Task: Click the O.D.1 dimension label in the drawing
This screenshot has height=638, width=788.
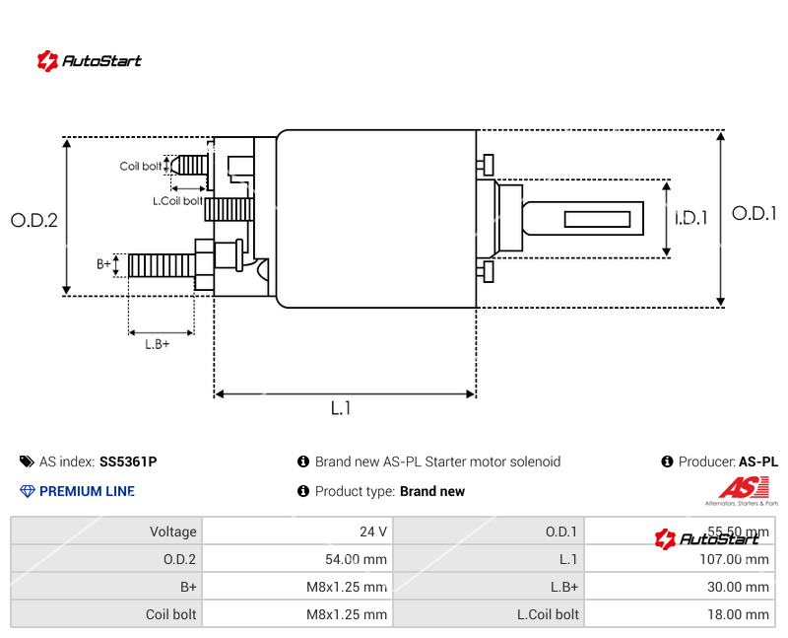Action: coord(755,213)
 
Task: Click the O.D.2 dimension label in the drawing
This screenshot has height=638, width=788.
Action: coord(34,221)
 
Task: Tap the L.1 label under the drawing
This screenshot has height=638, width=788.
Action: coord(341,408)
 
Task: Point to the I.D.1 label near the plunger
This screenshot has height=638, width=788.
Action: coord(691,218)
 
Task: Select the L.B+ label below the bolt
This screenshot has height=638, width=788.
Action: coord(158,344)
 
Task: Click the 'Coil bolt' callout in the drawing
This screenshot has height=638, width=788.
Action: coord(141,167)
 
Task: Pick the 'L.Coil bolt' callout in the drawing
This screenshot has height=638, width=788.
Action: coord(177,200)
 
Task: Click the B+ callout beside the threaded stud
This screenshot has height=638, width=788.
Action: coord(103,264)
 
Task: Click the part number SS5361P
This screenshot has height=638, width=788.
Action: coord(128,461)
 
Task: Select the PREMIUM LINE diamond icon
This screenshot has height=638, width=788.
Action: coord(27,491)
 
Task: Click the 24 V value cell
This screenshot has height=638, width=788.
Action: coord(373,532)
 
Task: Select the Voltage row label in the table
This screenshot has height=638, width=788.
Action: coord(172,532)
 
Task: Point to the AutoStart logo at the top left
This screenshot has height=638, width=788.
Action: coord(90,60)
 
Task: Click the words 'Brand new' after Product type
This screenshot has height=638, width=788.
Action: coord(432,491)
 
